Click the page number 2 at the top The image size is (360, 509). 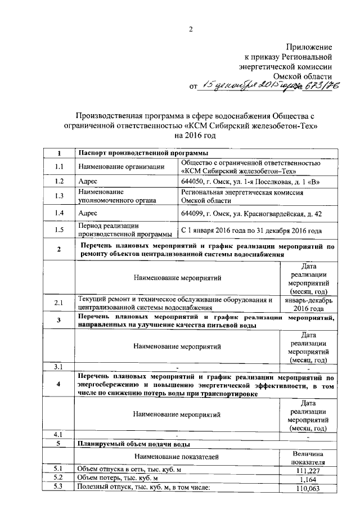click(x=190, y=29)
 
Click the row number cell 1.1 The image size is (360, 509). click(x=60, y=166)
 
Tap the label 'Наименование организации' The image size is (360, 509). click(x=120, y=166)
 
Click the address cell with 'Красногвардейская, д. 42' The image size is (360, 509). click(x=251, y=213)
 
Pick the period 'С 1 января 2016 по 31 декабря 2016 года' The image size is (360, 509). click(x=251, y=230)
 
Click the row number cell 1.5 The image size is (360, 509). click(x=60, y=230)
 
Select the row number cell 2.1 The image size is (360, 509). click(x=60, y=304)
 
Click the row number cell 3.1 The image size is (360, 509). click(x=60, y=367)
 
